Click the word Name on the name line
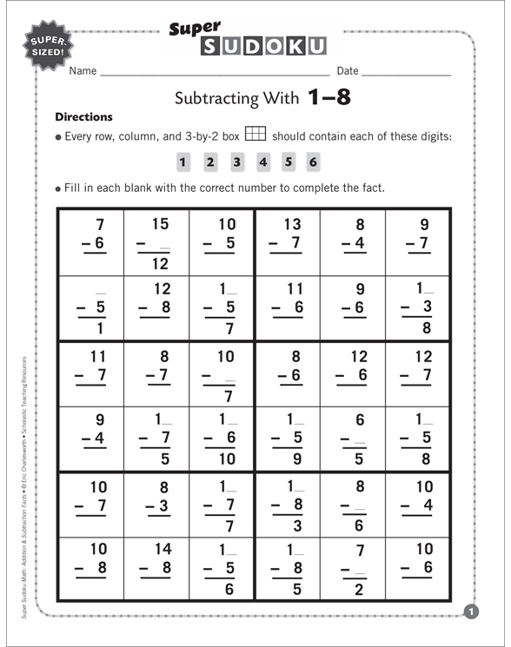tap(83, 71)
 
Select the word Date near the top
tap(347, 71)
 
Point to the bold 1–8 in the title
tap(329, 97)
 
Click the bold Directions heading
tap(83, 116)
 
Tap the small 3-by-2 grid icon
tap(255, 135)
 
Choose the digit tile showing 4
tap(262, 162)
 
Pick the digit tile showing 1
tap(182, 162)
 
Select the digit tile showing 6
tap(314, 162)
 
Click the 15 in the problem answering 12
tap(160, 225)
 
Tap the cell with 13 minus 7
tap(288, 241)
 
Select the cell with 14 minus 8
tap(156, 569)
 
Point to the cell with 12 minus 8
tap(156, 307)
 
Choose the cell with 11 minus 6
tap(288, 307)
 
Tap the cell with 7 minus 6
tap(91, 241)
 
